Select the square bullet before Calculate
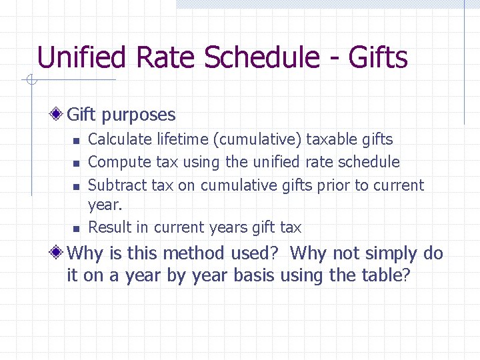click(x=77, y=141)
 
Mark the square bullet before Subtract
click(x=77, y=186)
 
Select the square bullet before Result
click(x=77, y=229)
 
